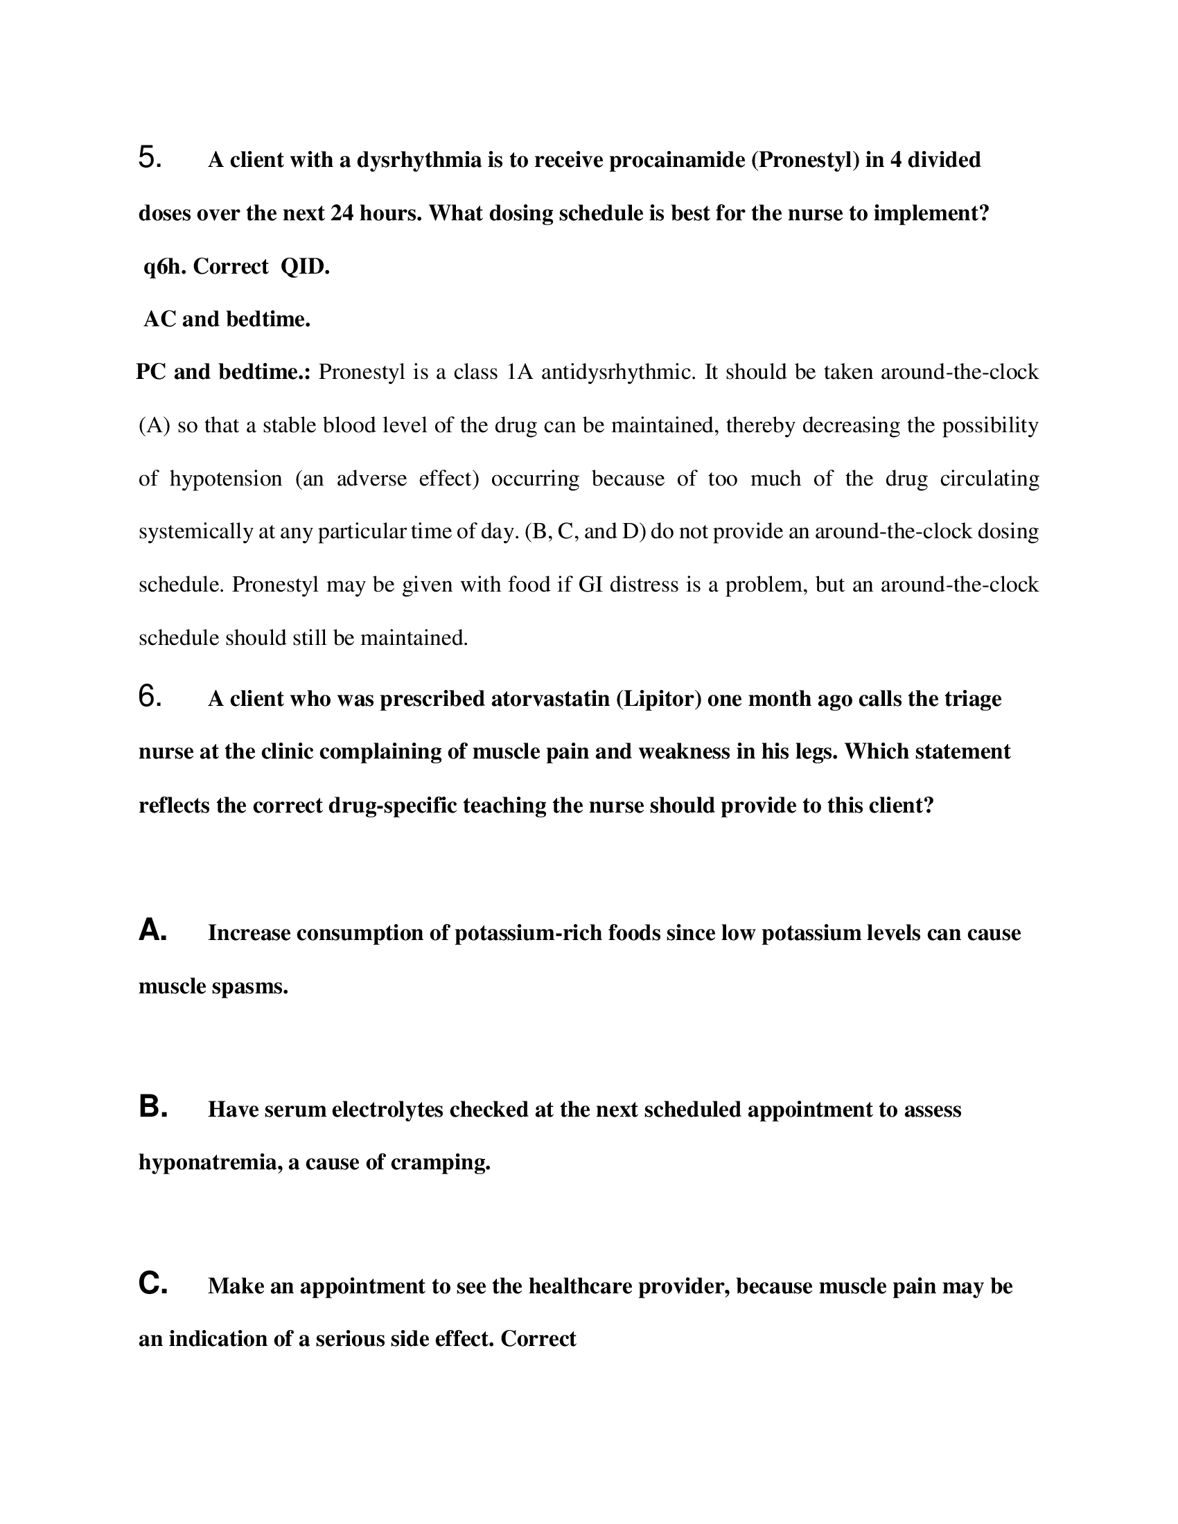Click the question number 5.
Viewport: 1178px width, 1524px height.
(150, 158)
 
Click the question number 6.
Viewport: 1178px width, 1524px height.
(150, 696)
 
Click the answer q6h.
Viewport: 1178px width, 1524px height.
(165, 267)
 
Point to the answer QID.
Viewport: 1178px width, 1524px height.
(305, 267)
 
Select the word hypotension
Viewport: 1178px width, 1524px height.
(225, 479)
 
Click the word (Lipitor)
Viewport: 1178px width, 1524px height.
(658, 699)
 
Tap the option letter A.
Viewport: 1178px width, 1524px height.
(152, 931)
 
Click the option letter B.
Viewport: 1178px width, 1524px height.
(152, 1108)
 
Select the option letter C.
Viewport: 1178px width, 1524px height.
(152, 1284)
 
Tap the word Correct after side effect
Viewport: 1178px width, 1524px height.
(538, 1339)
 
